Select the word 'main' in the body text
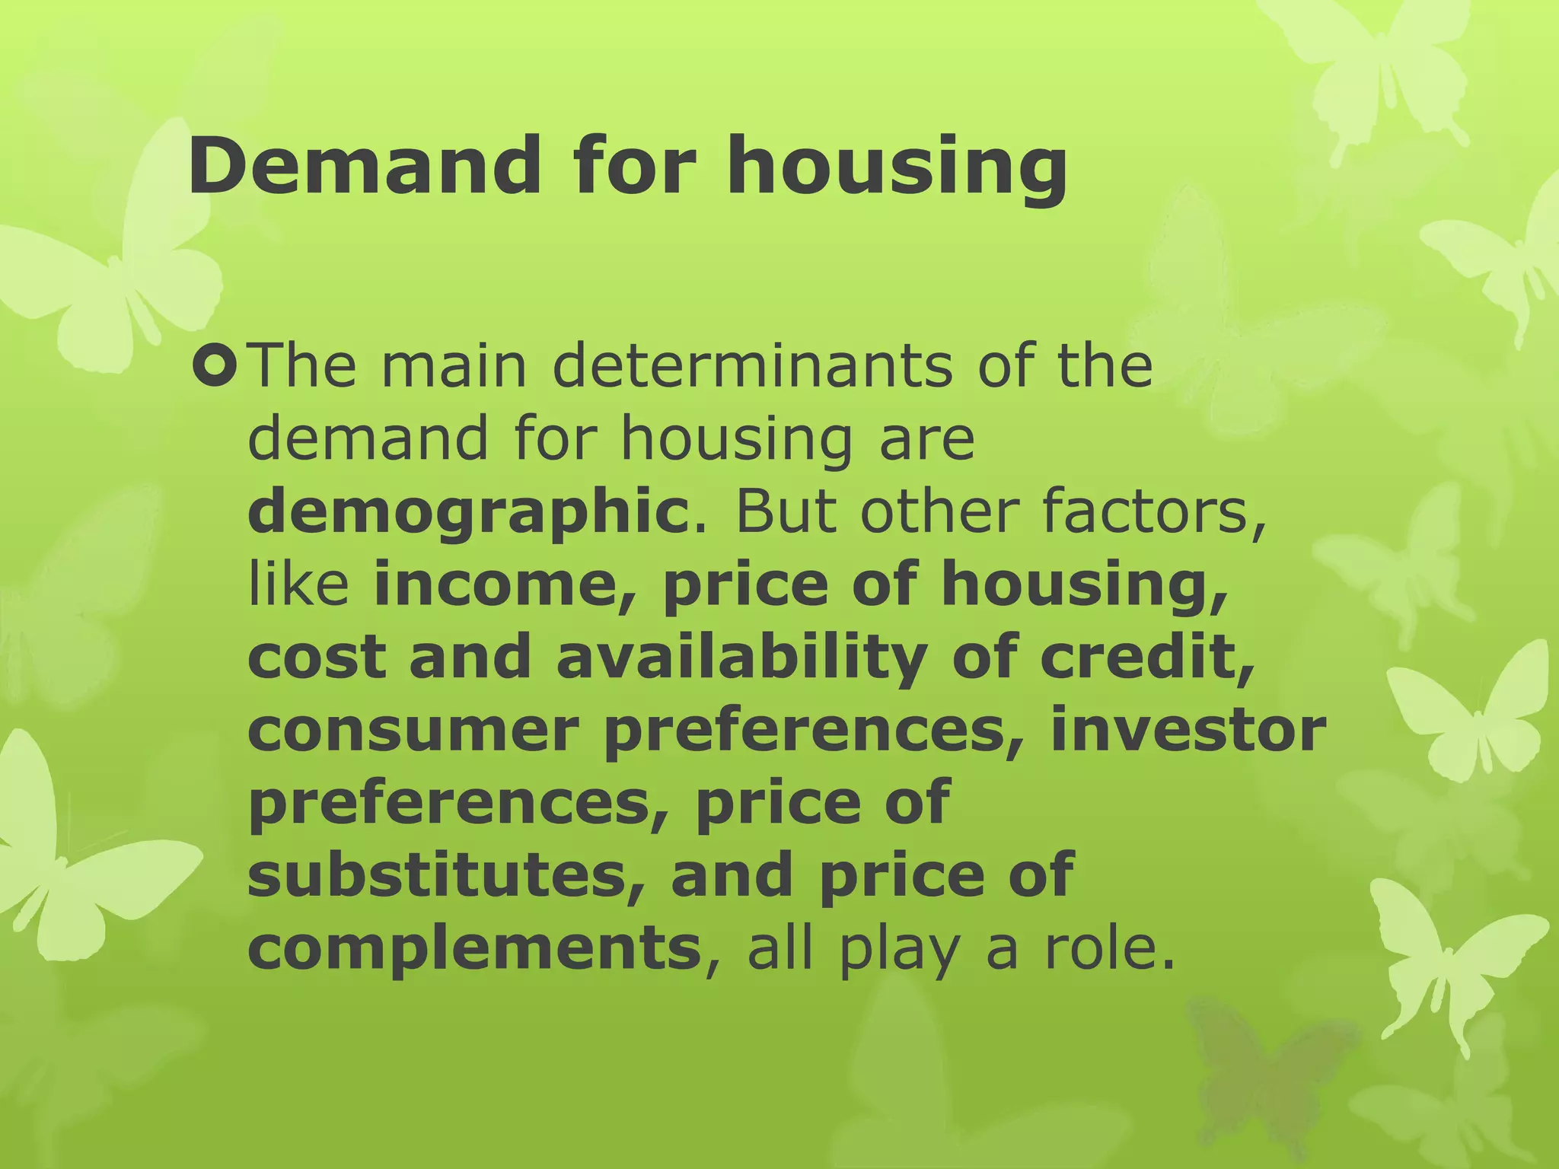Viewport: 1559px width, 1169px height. (x=454, y=366)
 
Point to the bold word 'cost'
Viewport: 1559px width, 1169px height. (x=315, y=658)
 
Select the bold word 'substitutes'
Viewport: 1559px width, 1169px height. (x=446, y=875)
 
